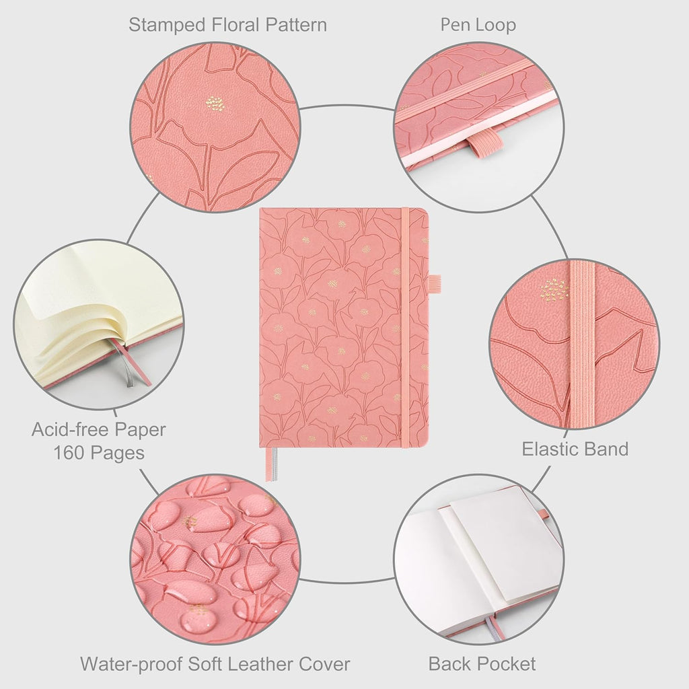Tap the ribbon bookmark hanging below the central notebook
coord(269,464)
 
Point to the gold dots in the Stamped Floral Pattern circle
coord(215,104)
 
